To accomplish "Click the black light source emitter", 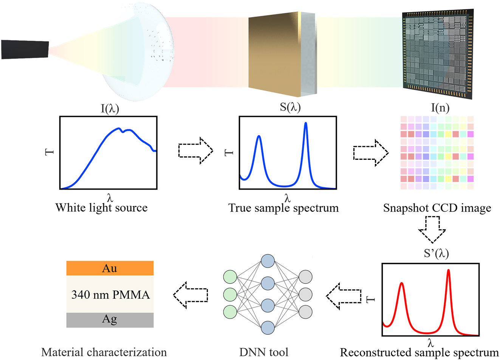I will click(x=25, y=49).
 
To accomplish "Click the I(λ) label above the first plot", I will click(x=110, y=109).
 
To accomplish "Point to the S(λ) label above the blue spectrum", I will click(x=290, y=107).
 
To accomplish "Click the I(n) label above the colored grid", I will click(x=440, y=108).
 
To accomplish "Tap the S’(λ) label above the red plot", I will click(x=436, y=253).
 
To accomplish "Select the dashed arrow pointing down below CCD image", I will click(x=432, y=229).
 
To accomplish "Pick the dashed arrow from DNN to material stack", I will click(x=190, y=295).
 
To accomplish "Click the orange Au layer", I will click(x=110, y=268).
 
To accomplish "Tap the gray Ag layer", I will click(x=110, y=320).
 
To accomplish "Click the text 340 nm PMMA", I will click(x=110, y=295).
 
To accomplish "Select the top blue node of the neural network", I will click(x=268, y=261).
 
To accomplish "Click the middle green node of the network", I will click(x=230, y=294).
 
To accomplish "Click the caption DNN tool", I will click(x=263, y=352).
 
